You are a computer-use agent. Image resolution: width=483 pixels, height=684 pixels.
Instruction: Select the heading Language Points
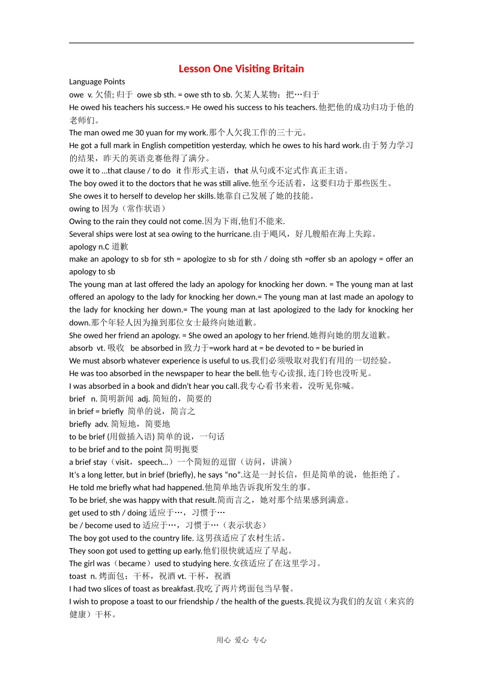[x=97, y=82]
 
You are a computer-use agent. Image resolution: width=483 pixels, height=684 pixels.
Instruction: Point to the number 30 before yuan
[x=140, y=133]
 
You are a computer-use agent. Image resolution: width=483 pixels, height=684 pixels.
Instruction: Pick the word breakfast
[x=178, y=589]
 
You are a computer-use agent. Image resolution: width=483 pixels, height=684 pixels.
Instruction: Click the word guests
[x=292, y=602]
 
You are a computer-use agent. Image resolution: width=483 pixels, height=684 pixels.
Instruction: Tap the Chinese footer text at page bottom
[x=242, y=640]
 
